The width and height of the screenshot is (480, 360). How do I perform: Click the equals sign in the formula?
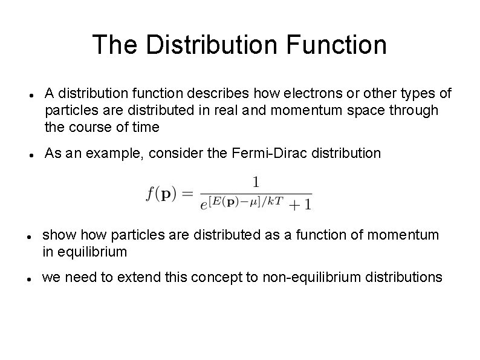[x=187, y=194]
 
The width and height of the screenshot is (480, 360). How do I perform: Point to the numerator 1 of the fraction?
[x=256, y=182]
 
